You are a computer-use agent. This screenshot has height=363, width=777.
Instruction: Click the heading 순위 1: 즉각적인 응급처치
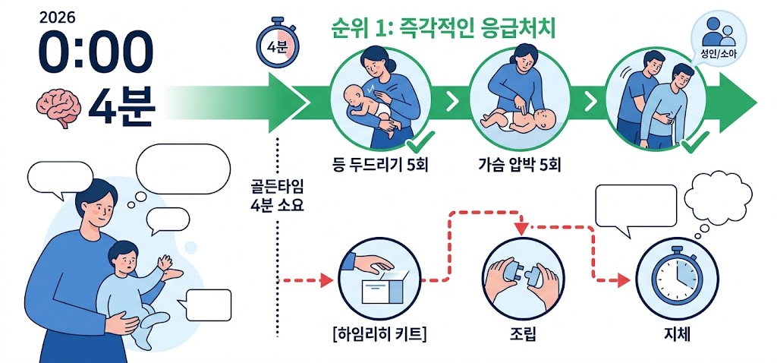[444, 29]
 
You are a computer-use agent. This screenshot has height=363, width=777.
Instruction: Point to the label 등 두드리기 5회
[380, 164]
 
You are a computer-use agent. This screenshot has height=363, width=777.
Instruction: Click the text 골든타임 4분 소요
[278, 195]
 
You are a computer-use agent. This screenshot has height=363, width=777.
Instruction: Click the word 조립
[524, 334]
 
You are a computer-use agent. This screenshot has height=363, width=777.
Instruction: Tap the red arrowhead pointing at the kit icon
[326, 280]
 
